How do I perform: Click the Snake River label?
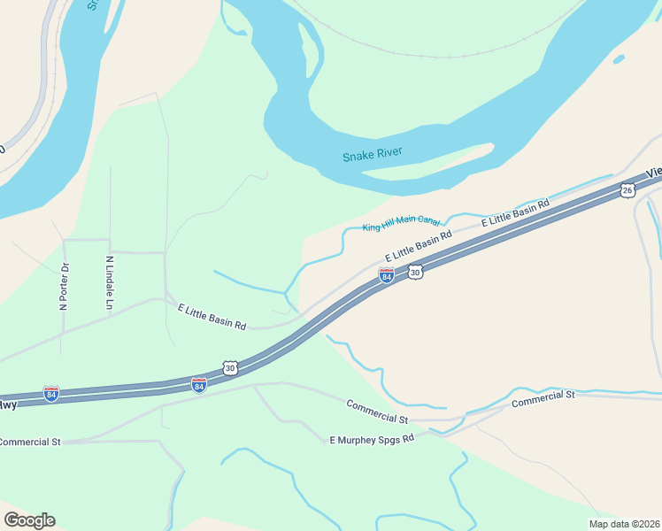coord(373,155)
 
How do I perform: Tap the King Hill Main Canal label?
coord(401,222)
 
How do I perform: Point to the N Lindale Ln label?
coord(111,282)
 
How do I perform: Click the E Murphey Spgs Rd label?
coord(372,439)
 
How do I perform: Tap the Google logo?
coord(29,520)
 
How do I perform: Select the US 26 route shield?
coord(627,189)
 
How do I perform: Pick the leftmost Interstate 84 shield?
coord(51,394)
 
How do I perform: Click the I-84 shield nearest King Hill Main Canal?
coord(387,275)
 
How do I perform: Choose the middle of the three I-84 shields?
coord(199,385)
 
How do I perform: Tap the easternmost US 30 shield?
coord(416,273)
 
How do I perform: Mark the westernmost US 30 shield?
coord(230,367)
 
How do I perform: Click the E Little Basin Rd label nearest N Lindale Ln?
coord(212,317)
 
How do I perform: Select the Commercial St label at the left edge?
coord(30,441)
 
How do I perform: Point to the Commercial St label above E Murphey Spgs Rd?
coord(377,412)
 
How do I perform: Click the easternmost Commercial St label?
coord(543,396)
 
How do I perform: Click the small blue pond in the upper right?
coord(619,59)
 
